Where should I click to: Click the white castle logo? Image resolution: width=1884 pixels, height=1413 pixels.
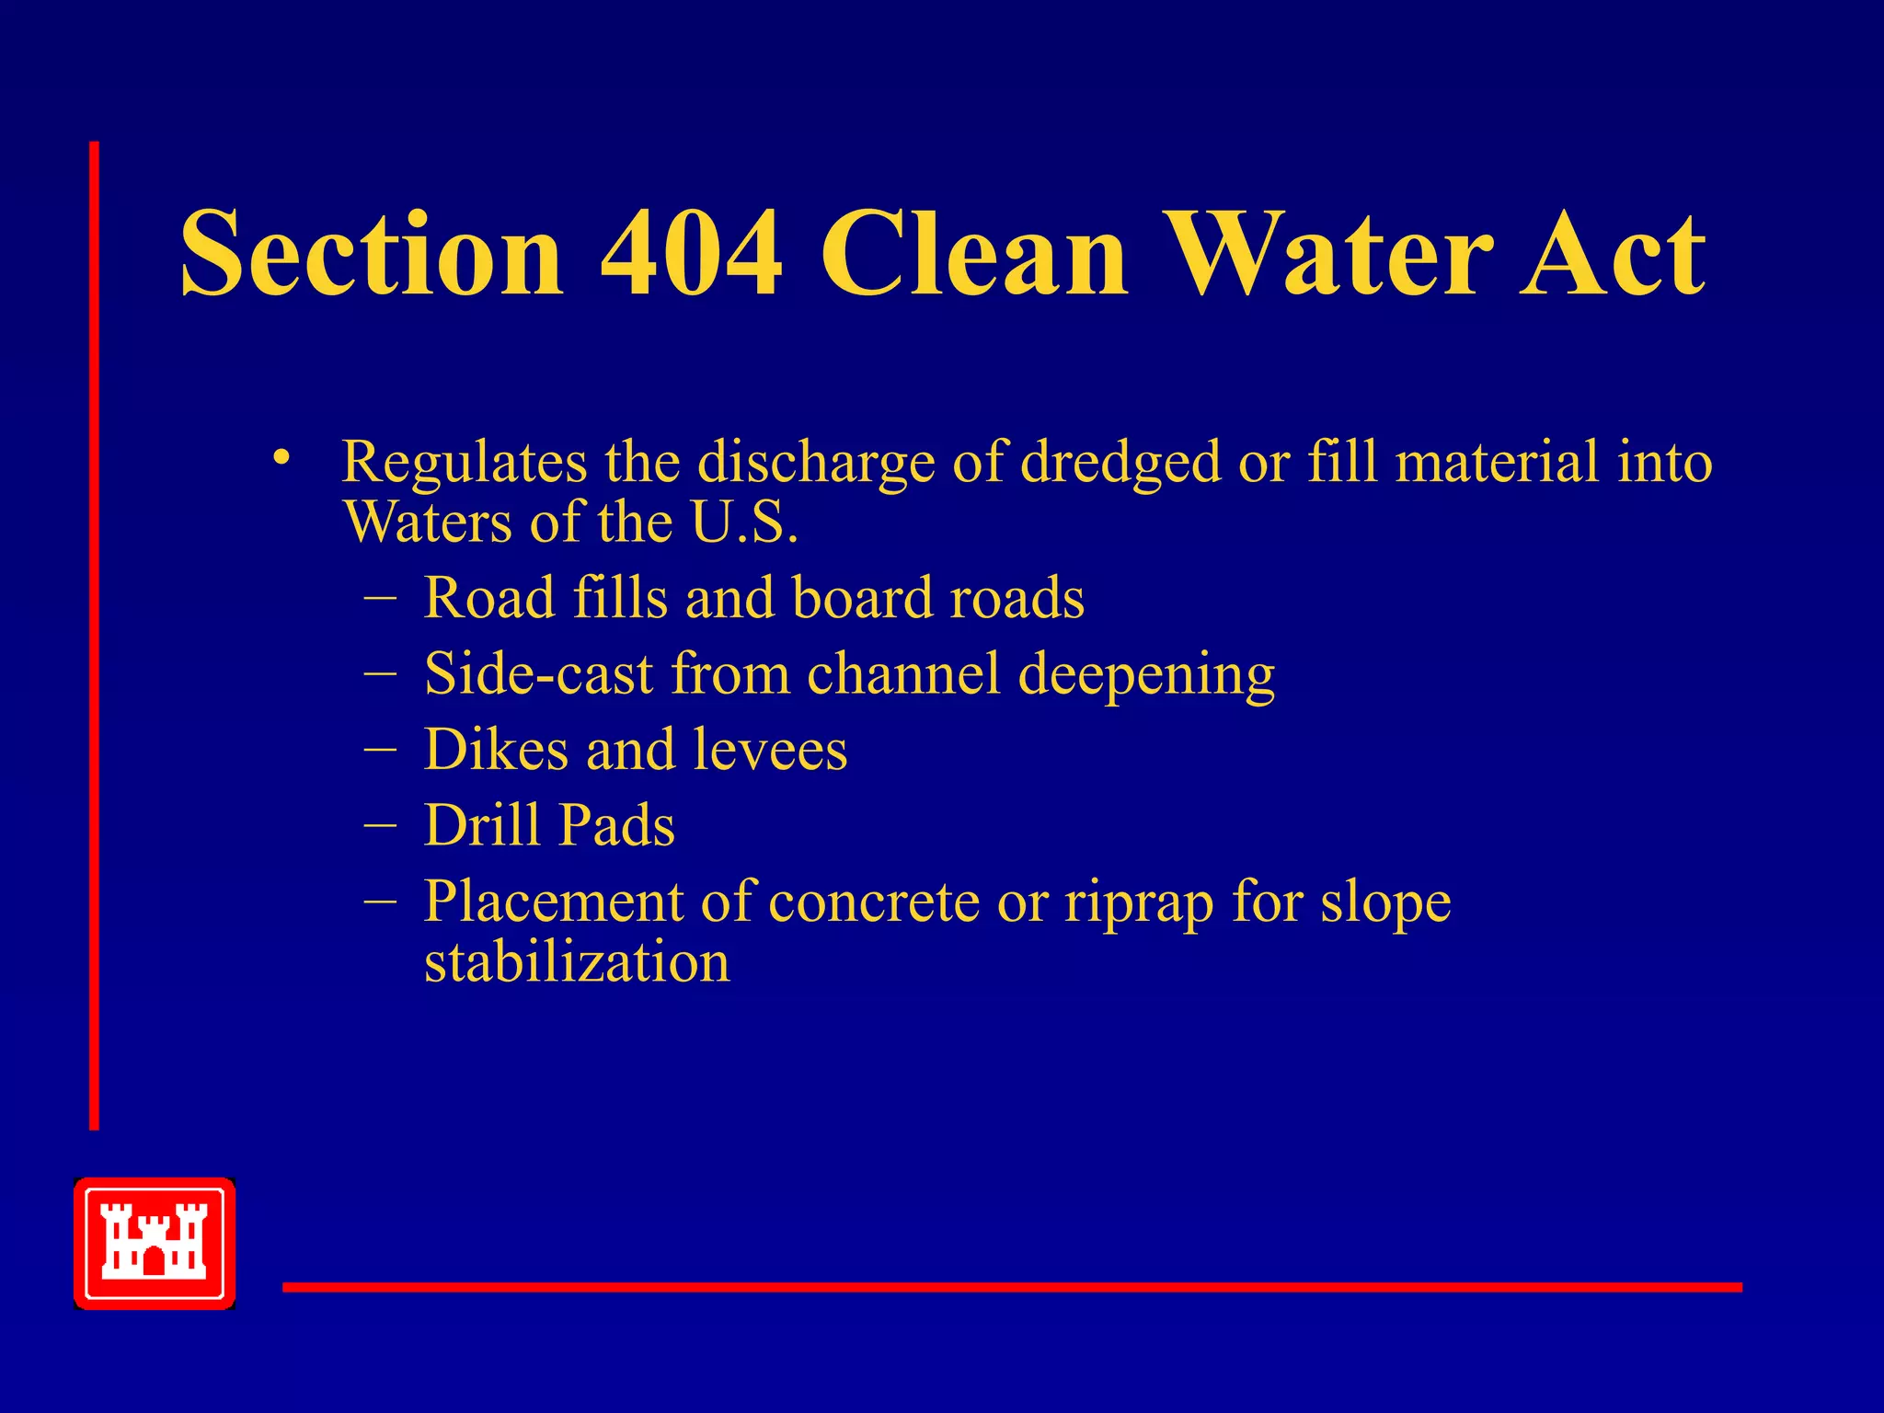pos(155,1243)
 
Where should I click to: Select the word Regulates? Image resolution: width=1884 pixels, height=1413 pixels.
pos(465,463)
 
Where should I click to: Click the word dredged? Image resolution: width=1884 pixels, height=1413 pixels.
pos(1120,463)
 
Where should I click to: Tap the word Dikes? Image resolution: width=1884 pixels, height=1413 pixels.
pos(496,749)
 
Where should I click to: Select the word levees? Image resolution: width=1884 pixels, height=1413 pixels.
pos(770,751)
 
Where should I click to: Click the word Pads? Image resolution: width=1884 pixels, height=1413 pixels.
pos(616,824)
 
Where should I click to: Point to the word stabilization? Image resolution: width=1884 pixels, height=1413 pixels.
pos(577,962)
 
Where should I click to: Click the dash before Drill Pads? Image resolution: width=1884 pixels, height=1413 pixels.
pos(380,825)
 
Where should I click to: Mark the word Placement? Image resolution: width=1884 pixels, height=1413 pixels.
pos(553,902)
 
